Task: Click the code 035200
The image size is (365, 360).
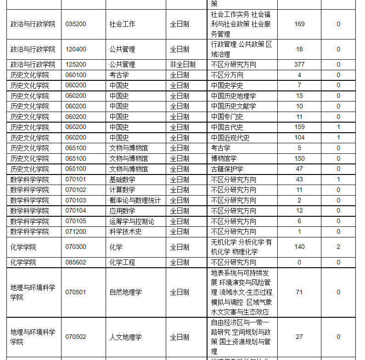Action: point(76,24)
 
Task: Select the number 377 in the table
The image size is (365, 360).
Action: point(299,64)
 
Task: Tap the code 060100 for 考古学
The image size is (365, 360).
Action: point(76,75)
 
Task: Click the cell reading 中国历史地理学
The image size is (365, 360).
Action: point(233,96)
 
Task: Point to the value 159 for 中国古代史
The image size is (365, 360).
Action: point(299,127)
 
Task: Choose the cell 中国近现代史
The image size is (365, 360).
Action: point(230,138)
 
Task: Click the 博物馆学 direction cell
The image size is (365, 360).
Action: point(224,158)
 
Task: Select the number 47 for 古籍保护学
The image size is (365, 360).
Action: point(299,169)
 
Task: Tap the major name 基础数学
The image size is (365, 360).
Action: point(122,180)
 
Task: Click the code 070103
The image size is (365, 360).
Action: point(76,200)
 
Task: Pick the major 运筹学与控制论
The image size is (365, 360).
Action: point(132,221)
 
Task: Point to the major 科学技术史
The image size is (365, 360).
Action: point(125,231)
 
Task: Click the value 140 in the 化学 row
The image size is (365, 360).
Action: point(299,247)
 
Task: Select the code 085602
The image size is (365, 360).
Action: point(76,262)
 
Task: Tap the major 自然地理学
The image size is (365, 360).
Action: point(125,292)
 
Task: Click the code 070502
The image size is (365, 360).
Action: point(76,337)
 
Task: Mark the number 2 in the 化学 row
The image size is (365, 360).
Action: point(338,247)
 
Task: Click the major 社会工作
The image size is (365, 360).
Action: point(122,24)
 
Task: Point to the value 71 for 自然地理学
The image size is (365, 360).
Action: point(299,292)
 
